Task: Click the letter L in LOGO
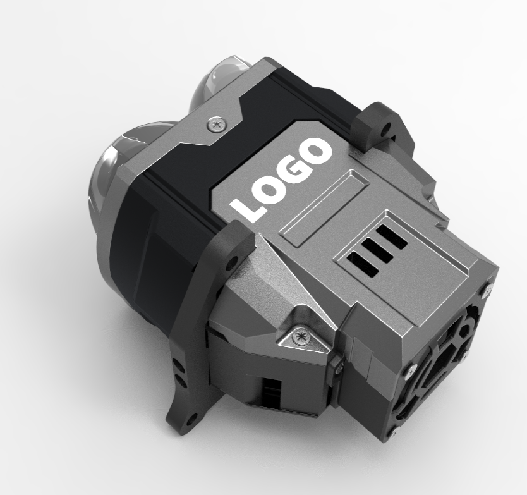(x=246, y=209)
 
